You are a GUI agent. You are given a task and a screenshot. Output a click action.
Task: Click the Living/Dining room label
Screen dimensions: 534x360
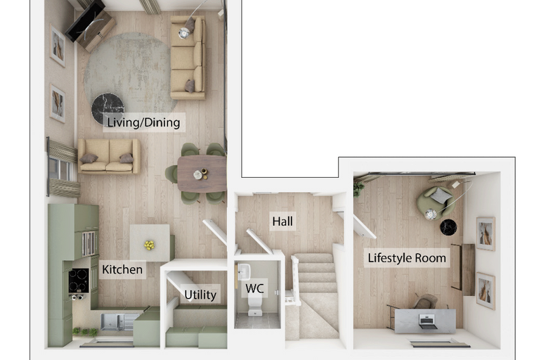tap(144, 122)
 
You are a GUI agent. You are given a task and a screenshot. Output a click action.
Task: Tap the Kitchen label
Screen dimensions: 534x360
tap(122, 270)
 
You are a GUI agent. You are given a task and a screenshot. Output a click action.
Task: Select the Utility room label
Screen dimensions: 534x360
tap(200, 295)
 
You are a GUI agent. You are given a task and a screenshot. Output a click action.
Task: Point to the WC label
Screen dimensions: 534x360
tap(254, 288)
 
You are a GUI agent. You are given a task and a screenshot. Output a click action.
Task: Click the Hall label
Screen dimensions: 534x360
tap(282, 221)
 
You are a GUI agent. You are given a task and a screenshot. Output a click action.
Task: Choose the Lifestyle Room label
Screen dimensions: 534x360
tap(407, 258)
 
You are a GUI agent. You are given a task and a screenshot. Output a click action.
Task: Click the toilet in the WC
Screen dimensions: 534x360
tap(255, 305)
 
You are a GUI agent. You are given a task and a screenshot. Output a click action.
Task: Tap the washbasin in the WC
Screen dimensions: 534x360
tap(244, 271)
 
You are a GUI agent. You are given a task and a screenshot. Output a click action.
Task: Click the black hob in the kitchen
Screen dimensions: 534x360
tap(79, 281)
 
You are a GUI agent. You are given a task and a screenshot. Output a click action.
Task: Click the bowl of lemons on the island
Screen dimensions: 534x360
tap(149, 245)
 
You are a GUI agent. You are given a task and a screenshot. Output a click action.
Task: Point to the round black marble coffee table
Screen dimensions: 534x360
tap(108, 108)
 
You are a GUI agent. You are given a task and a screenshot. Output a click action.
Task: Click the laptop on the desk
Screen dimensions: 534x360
tap(428, 321)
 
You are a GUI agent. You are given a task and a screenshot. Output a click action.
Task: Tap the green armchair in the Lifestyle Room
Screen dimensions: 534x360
tap(436, 202)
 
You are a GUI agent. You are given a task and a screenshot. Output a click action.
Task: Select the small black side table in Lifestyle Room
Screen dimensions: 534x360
tap(448, 227)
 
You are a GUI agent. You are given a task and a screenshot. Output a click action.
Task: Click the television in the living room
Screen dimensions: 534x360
tap(86, 20)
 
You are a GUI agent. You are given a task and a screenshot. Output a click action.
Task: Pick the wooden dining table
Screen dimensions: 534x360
tap(202, 174)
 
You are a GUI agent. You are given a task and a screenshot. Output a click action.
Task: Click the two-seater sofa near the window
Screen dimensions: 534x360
tap(109, 157)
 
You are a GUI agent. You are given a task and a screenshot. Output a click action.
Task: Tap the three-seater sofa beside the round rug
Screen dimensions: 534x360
tap(188, 57)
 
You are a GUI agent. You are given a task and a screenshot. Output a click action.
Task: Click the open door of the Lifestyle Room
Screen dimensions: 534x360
tap(365, 227)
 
